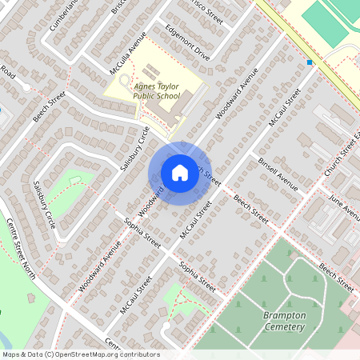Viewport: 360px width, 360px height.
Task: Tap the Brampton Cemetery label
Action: (x=284, y=321)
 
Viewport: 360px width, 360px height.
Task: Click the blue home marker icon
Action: (x=179, y=172)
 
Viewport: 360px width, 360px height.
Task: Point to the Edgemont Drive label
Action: (x=187, y=46)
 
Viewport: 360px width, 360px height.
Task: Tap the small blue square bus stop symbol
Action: (x=309, y=62)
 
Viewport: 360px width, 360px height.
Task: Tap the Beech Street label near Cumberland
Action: (x=49, y=105)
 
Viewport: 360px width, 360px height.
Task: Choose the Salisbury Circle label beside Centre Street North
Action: (x=44, y=205)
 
